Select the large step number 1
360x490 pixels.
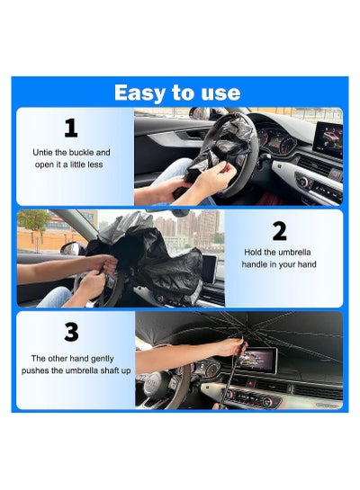click(71, 129)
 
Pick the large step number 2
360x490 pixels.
click(279, 231)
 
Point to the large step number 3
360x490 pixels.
click(71, 332)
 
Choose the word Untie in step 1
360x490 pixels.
click(42, 153)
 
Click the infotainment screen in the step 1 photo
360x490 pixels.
click(328, 139)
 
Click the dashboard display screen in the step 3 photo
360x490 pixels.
click(257, 360)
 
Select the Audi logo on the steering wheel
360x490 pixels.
click(153, 383)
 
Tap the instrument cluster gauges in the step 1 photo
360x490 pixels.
click(276, 141)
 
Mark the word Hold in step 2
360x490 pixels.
click(252, 252)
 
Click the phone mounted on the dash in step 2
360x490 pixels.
click(209, 270)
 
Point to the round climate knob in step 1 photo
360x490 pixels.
click(303, 181)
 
